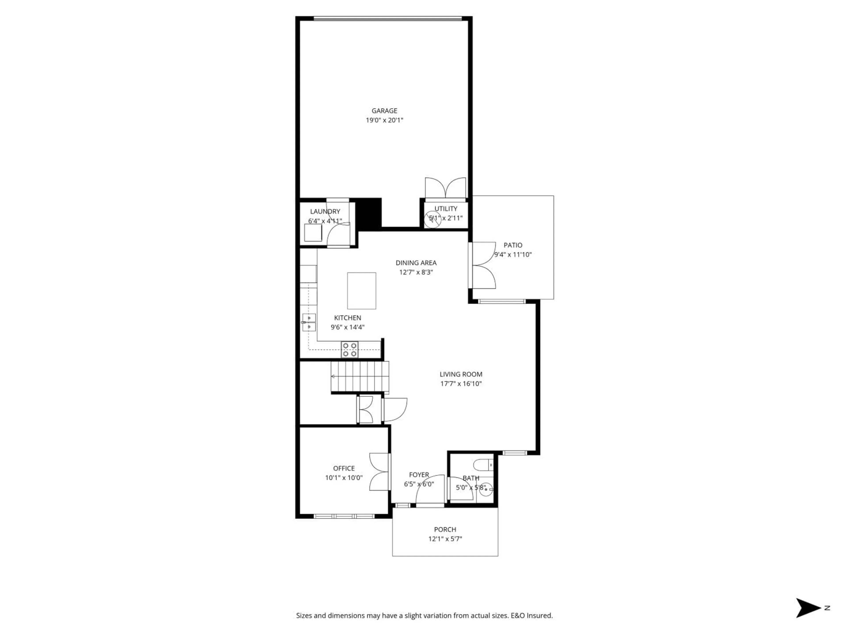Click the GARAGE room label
(384, 111)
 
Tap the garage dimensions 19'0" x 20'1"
(384, 120)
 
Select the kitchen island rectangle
(361, 291)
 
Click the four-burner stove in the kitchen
(350, 349)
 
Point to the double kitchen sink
(309, 322)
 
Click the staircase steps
(360, 376)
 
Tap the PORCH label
(445, 529)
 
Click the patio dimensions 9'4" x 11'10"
(513, 255)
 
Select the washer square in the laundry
(313, 233)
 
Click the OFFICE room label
(344, 468)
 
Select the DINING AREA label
(416, 263)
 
